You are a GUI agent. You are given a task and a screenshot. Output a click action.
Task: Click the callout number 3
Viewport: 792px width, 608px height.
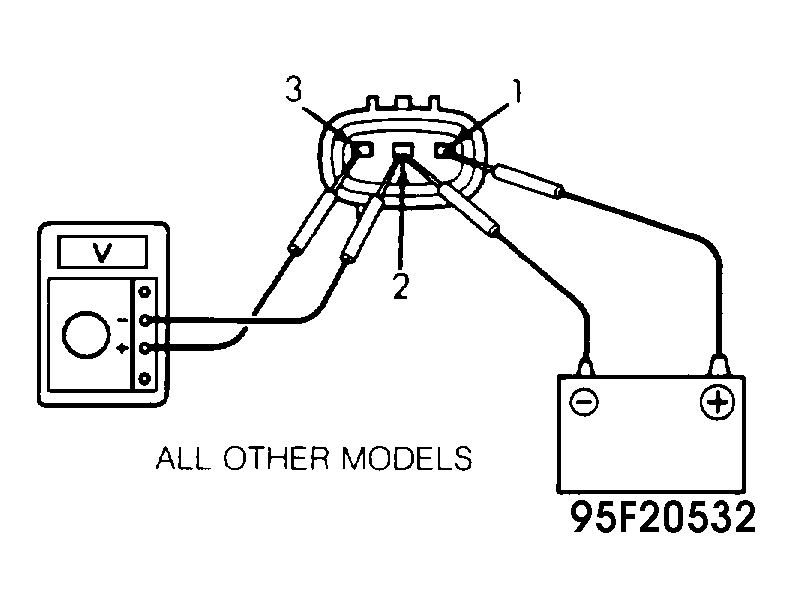[x=293, y=89]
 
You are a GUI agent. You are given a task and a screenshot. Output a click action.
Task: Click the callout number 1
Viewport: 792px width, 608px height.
[x=515, y=91]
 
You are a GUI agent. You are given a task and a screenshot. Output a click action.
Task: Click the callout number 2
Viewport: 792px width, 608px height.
[x=401, y=286]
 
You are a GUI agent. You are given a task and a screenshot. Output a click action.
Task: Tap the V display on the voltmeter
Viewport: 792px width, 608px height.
[x=103, y=251]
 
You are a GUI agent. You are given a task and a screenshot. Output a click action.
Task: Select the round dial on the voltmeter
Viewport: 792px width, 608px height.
[x=86, y=335]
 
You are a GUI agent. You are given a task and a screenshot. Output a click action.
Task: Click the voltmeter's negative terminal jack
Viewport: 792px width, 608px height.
[x=145, y=320]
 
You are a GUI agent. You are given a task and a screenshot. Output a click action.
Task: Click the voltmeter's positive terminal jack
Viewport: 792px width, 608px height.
[x=145, y=348]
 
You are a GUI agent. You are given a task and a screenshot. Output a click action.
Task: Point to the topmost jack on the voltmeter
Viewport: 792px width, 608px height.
[x=145, y=291]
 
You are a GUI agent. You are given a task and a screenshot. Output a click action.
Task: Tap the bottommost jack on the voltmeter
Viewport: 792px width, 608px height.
[x=145, y=378]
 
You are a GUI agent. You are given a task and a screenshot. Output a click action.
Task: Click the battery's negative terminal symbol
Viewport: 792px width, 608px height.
[x=584, y=402]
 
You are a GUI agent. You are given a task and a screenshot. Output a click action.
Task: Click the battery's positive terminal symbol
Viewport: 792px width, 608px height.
[x=717, y=402]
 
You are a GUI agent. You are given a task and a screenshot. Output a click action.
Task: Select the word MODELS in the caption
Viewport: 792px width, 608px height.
[x=407, y=458]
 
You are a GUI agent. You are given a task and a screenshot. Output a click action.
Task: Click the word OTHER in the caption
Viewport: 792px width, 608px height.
[x=276, y=458]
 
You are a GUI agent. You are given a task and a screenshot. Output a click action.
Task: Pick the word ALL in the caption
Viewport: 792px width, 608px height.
[x=182, y=458]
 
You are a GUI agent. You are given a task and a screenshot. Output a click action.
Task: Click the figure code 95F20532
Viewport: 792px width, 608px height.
[x=663, y=518]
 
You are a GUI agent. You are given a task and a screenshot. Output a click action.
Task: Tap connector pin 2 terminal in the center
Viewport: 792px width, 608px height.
[x=403, y=149]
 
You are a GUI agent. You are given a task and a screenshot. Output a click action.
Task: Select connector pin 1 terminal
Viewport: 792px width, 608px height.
[x=443, y=150]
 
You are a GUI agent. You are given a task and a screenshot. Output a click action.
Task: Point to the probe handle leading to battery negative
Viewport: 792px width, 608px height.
[x=469, y=210]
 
